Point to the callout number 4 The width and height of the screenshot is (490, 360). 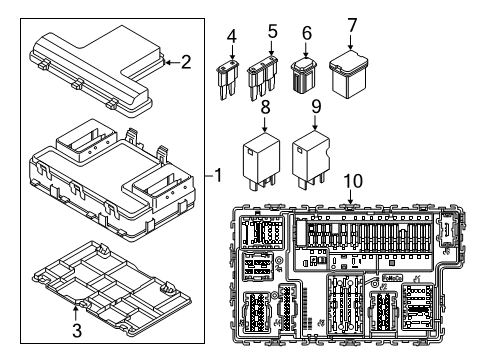tap(231, 40)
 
